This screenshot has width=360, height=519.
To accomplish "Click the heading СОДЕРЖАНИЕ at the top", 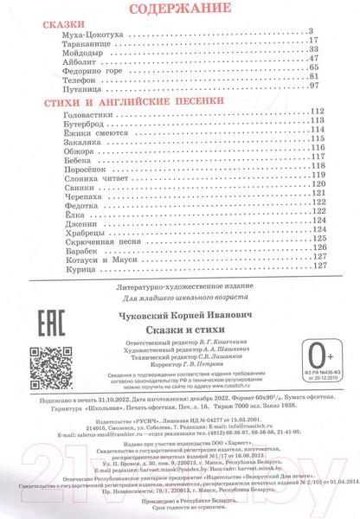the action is coord(179,10).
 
